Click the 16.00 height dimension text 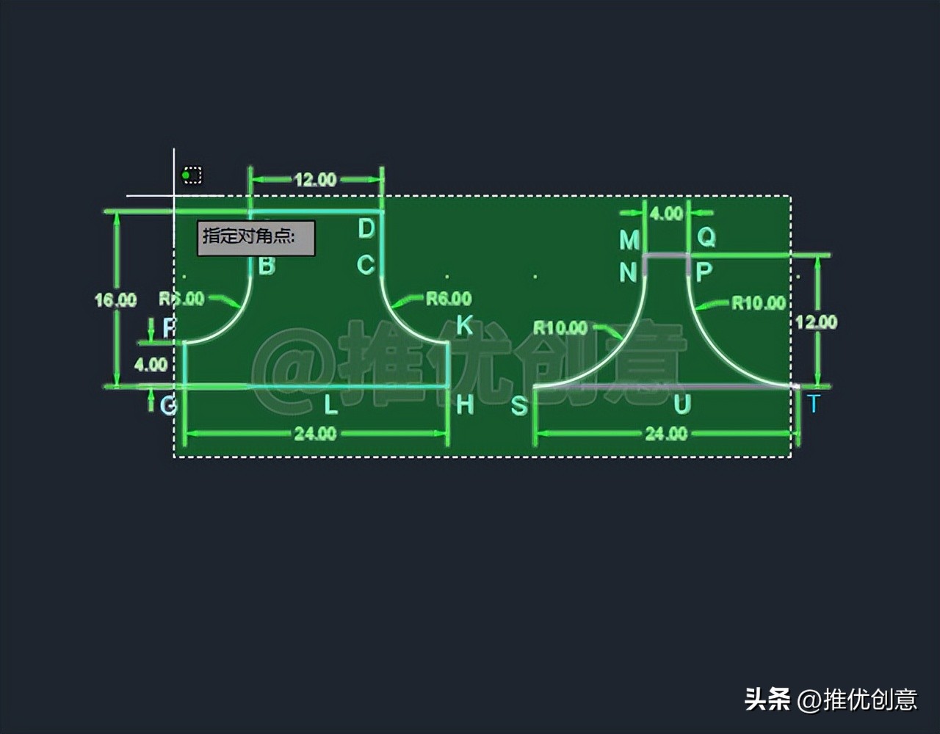[x=115, y=300]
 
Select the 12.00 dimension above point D [x=316, y=180]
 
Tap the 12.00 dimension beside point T [x=816, y=322]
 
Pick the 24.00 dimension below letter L [x=315, y=434]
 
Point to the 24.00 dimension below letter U [x=666, y=434]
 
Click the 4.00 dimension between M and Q [x=667, y=214]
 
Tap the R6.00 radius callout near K [x=449, y=299]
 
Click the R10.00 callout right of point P [x=759, y=303]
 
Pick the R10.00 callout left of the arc [x=560, y=328]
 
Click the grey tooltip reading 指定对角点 [x=256, y=238]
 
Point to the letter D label [x=366, y=229]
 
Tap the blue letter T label [x=813, y=404]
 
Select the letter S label [x=519, y=406]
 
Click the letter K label [x=464, y=325]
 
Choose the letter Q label [x=706, y=237]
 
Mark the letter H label [x=465, y=404]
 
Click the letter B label [x=267, y=266]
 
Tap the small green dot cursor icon [x=187, y=175]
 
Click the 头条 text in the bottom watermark [x=767, y=699]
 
